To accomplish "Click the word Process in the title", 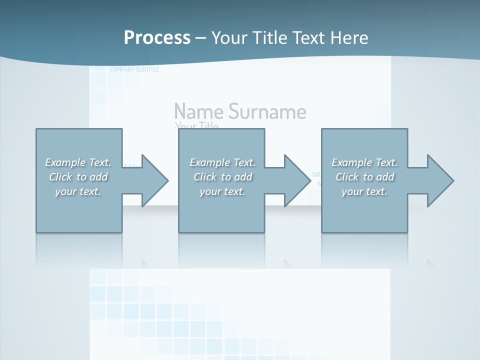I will [x=157, y=38].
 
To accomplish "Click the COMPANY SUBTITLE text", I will [x=134, y=69].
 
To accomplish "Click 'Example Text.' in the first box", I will [x=78, y=162].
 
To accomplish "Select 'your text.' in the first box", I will [x=78, y=191].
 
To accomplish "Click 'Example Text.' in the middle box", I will [x=222, y=162].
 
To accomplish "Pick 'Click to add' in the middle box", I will [x=222, y=177].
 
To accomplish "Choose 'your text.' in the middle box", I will [x=222, y=191].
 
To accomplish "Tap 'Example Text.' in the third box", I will [x=364, y=162].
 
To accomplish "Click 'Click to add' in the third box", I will [x=364, y=177].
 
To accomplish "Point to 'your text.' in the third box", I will [x=364, y=191].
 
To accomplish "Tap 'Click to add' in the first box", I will [x=78, y=177].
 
